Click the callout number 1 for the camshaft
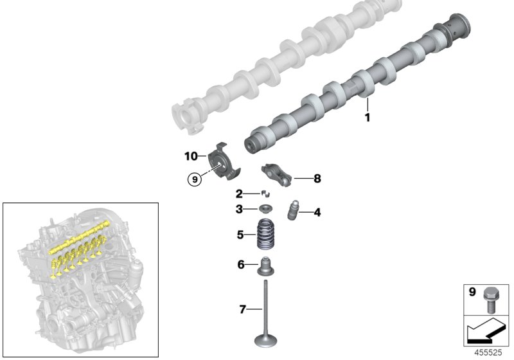point(368,118)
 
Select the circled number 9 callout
point(194,179)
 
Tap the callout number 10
point(191,156)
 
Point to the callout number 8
point(317,179)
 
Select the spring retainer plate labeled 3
point(265,209)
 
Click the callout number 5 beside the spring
point(240,235)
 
